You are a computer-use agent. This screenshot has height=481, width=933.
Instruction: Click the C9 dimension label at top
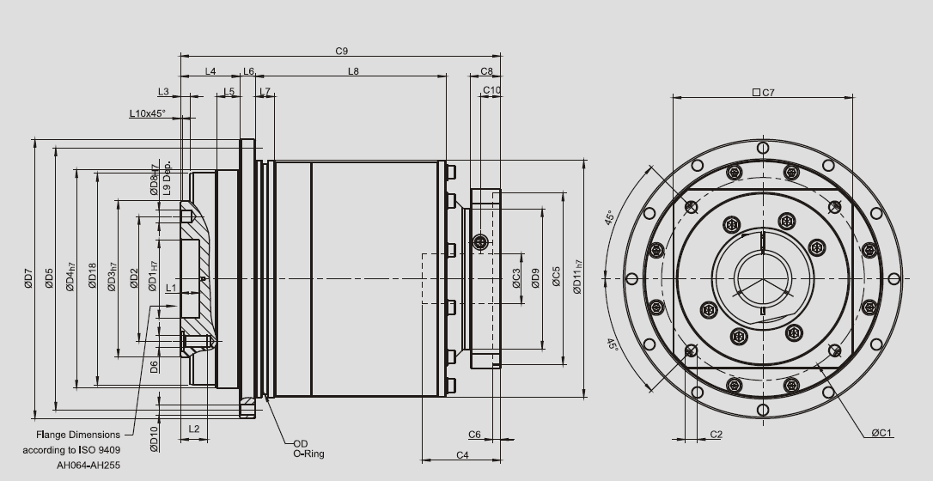click(x=341, y=52)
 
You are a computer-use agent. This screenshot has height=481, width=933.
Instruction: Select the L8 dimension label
click(x=353, y=71)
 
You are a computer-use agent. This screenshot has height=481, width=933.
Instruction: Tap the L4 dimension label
click(x=210, y=71)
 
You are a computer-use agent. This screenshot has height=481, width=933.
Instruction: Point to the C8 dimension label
click(x=486, y=71)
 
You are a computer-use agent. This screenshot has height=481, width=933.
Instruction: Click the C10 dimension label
click(x=491, y=90)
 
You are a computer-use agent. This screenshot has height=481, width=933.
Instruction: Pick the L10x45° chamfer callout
click(x=147, y=113)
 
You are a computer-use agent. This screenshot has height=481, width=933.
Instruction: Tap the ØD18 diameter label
click(x=92, y=277)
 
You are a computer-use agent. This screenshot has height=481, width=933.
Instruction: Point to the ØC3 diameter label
click(x=516, y=279)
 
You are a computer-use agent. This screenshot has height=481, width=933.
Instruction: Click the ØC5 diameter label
click(x=557, y=277)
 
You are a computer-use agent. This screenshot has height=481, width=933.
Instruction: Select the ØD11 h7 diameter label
click(x=578, y=276)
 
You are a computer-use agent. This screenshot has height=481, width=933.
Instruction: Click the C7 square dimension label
click(x=763, y=92)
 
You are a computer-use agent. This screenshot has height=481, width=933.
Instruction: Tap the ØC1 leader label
click(x=882, y=433)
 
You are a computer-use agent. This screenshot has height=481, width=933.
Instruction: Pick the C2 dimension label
click(x=716, y=435)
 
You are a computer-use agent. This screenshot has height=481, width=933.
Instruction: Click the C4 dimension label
click(x=462, y=454)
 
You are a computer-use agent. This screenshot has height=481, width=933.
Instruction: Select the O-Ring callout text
click(x=308, y=454)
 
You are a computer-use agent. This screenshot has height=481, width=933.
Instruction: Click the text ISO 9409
click(x=102, y=449)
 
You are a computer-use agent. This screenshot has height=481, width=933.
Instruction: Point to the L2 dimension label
click(x=193, y=428)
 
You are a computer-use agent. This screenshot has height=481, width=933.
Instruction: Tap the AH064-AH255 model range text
click(x=89, y=464)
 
